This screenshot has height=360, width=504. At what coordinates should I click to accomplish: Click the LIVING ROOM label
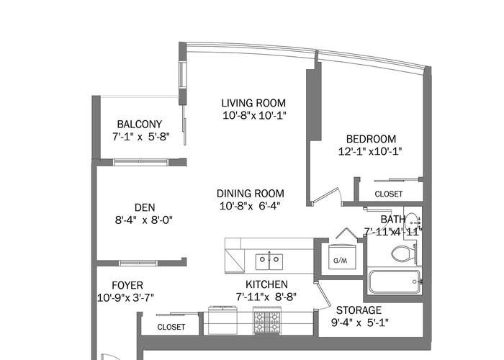click(x=253, y=103)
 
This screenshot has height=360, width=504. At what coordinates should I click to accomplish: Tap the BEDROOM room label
click(x=371, y=139)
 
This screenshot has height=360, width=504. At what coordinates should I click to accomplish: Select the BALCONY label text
click(x=139, y=124)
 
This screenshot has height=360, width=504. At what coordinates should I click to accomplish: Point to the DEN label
click(x=145, y=207)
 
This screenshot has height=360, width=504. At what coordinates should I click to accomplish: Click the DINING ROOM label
click(x=251, y=194)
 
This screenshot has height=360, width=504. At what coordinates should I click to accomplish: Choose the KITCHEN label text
click(x=266, y=284)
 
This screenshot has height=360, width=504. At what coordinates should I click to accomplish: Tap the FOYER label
click(x=127, y=285)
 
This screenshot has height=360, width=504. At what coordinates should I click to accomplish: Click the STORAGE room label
click(x=359, y=310)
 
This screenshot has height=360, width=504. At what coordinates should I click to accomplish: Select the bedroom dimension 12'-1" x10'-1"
click(x=370, y=151)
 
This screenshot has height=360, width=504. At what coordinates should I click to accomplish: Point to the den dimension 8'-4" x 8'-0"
click(x=144, y=220)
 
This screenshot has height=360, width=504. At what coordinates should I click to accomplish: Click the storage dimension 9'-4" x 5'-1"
click(x=360, y=323)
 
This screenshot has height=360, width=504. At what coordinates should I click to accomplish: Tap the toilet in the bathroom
click(x=404, y=253)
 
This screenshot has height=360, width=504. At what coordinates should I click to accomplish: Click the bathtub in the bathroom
click(x=395, y=282)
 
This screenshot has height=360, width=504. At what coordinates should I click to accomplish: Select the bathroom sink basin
click(x=412, y=222)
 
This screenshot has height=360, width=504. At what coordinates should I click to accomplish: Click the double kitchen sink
click(x=269, y=261)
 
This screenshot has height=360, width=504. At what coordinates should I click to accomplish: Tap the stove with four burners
click(x=267, y=320)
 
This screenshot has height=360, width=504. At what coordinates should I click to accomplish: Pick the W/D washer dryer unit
click(x=342, y=257)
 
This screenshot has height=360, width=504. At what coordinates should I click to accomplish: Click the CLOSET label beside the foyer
click(x=171, y=327)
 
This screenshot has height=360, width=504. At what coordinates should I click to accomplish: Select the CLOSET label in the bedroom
click(x=389, y=194)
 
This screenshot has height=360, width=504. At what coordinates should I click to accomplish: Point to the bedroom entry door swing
click(x=327, y=195)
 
